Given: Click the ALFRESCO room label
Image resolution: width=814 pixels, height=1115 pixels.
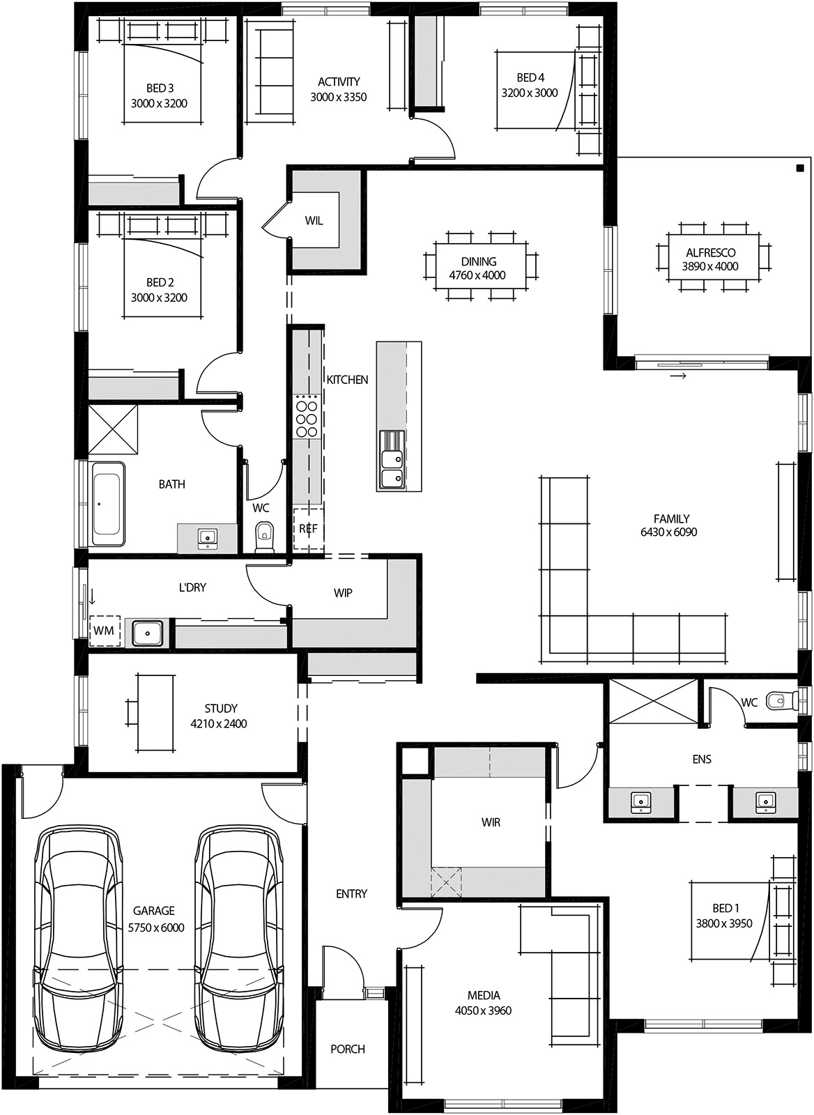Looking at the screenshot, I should (x=710, y=253).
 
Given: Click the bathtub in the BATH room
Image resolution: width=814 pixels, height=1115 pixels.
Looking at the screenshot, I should (x=108, y=504).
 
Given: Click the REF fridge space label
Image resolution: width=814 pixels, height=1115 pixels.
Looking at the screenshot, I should (x=308, y=529).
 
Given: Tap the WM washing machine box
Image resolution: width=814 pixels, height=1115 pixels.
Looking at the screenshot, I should (x=103, y=631).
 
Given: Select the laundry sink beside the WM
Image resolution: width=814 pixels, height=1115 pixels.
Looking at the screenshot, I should (x=148, y=633).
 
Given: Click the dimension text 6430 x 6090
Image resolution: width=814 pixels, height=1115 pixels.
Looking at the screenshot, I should (x=668, y=532).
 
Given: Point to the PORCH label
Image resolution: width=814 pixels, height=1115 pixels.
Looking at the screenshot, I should (x=348, y=1049).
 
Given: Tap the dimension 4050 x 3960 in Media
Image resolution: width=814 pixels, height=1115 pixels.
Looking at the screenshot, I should (x=483, y=1010).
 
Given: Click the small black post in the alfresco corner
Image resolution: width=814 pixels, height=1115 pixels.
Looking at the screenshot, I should (x=799, y=167).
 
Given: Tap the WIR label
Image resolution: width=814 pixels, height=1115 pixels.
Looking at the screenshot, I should (x=491, y=822).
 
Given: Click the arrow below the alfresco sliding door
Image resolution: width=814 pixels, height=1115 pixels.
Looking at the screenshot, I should (x=678, y=376).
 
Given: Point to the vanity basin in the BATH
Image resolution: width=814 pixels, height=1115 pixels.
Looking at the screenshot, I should (x=207, y=538).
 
